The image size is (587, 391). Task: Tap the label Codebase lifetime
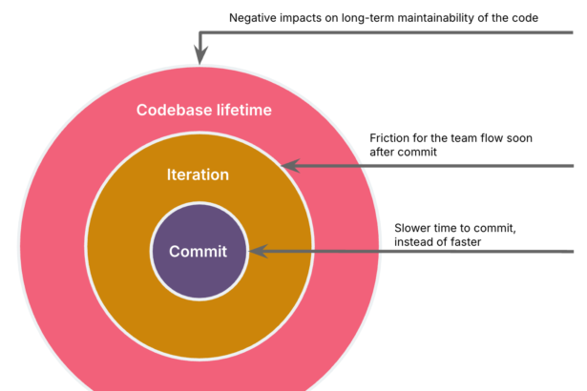click(203, 110)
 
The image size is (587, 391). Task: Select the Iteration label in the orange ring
click(198, 175)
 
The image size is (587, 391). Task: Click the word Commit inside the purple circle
click(198, 252)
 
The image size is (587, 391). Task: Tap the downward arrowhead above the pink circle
click(199, 56)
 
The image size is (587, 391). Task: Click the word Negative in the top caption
click(255, 18)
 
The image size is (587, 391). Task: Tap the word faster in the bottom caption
click(462, 242)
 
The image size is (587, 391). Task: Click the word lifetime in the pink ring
click(242, 110)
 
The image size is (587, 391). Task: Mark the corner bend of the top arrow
click(199, 33)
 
